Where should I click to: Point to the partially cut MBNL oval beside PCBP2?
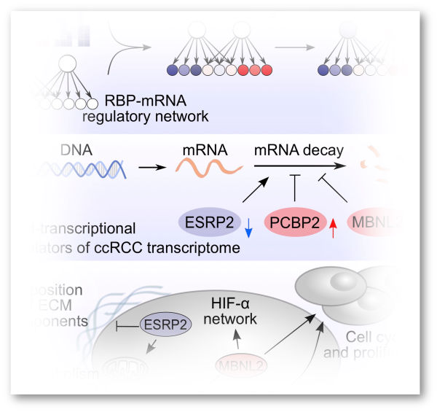point(378,221)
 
